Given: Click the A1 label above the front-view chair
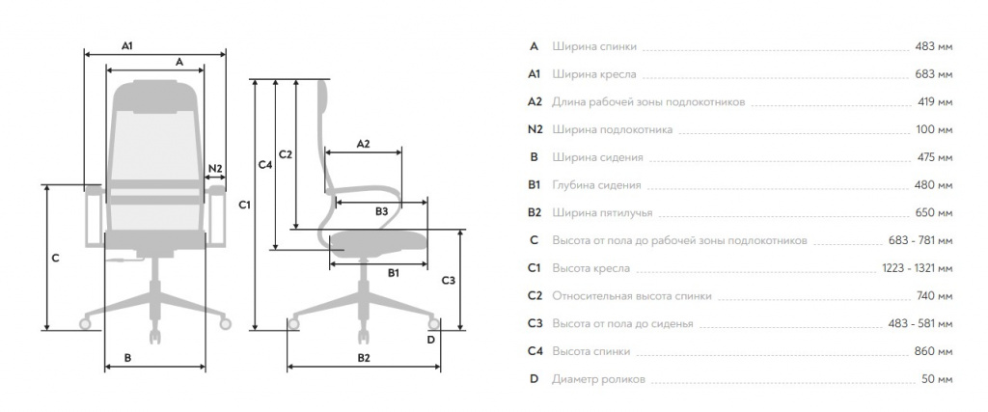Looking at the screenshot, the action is click(127, 45).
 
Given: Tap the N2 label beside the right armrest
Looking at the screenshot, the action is click(215, 168).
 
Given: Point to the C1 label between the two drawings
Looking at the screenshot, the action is click(244, 205).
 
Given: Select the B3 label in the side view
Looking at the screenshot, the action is click(381, 211).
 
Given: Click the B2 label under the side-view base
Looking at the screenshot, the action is click(364, 358).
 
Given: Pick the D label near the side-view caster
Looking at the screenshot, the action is click(431, 340).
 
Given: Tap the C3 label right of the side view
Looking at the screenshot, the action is click(448, 281).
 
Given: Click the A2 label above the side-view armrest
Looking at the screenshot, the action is click(363, 144).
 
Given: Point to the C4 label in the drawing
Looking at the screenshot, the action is click(265, 165).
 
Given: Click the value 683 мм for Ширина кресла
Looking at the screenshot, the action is click(934, 74).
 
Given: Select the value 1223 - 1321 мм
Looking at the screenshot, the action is click(918, 268).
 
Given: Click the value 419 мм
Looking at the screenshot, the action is click(935, 102).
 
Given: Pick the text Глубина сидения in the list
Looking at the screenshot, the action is click(596, 185).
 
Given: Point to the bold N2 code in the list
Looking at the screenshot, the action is click(535, 129).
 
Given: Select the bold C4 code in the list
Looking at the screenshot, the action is click(535, 351).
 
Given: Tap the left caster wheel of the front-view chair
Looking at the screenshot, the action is click(85, 324).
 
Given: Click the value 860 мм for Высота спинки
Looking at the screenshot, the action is click(934, 351).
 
